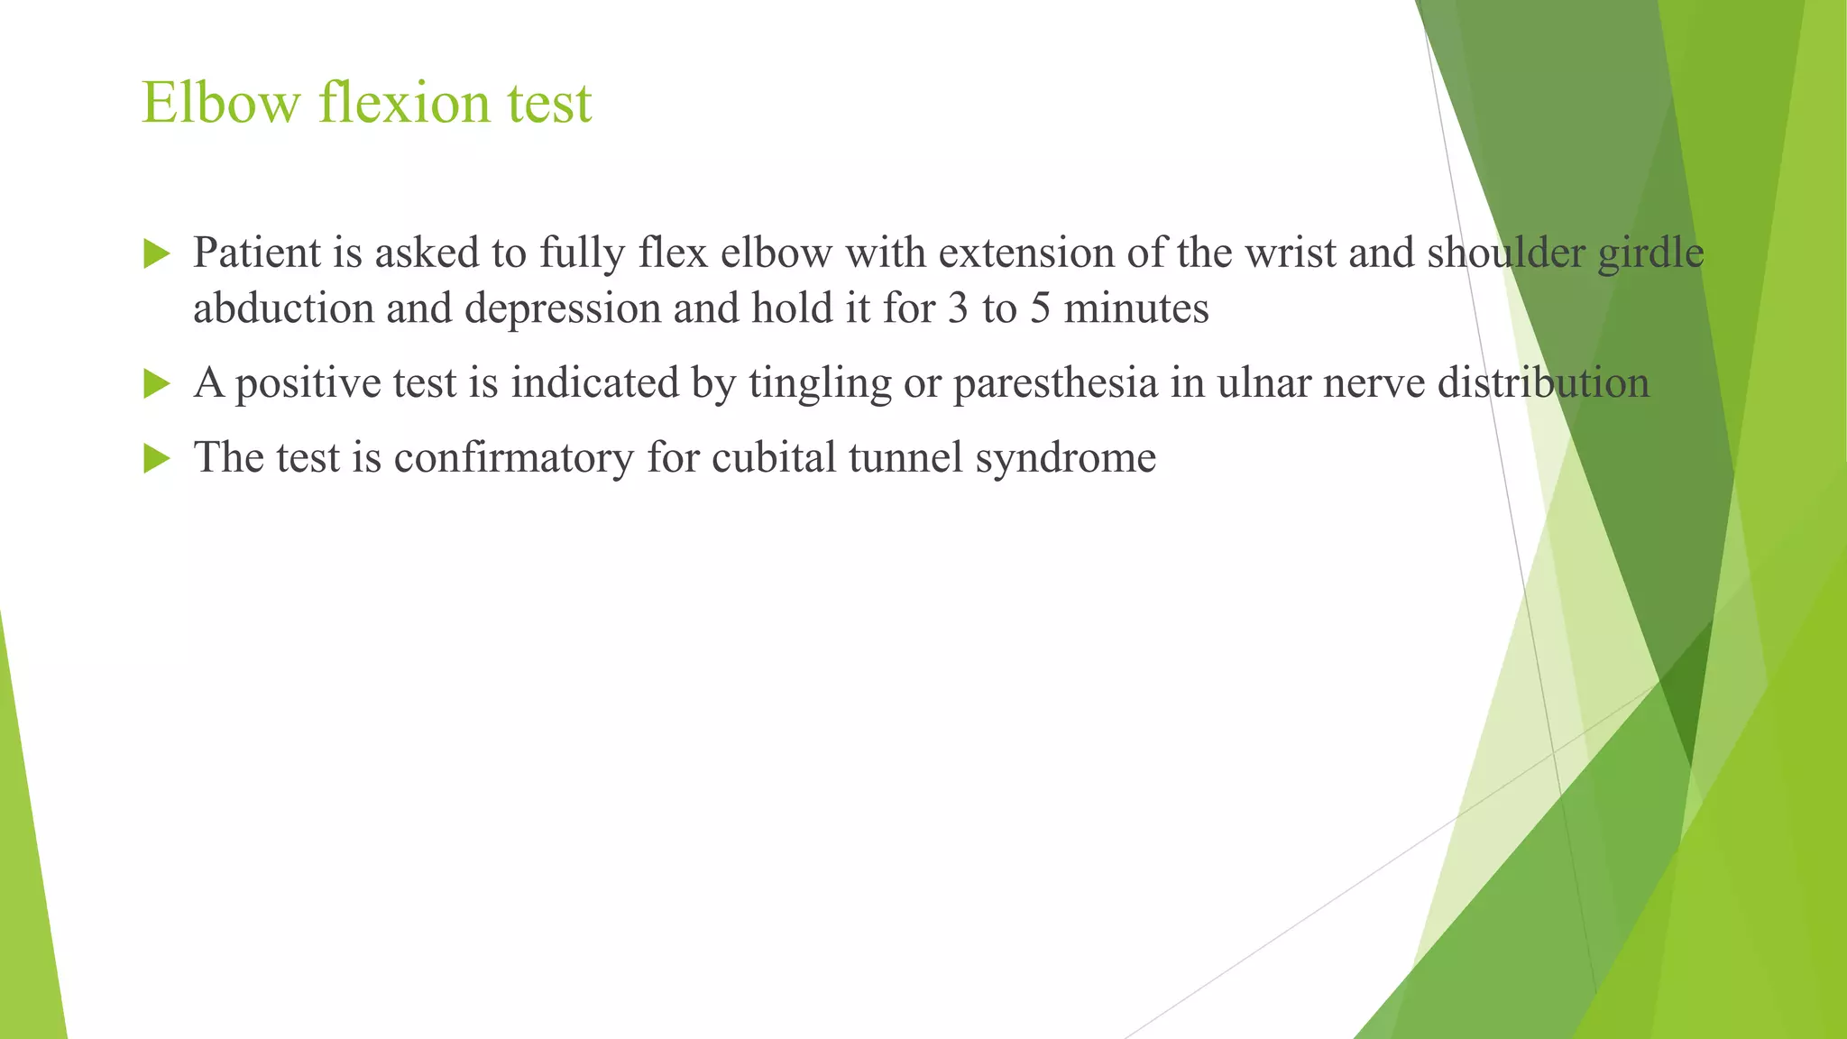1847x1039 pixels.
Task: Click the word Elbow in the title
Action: [220, 102]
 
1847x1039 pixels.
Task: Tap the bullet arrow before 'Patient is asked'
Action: [156, 254]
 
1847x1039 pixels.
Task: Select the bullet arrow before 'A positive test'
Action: [156, 384]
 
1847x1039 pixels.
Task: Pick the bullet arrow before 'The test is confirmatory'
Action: [156, 459]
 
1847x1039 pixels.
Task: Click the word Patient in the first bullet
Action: [257, 253]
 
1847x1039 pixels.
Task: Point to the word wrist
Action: [1291, 253]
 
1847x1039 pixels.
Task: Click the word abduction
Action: [283, 308]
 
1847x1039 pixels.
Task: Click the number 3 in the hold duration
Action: [958, 308]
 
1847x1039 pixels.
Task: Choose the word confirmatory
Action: [513, 457]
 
